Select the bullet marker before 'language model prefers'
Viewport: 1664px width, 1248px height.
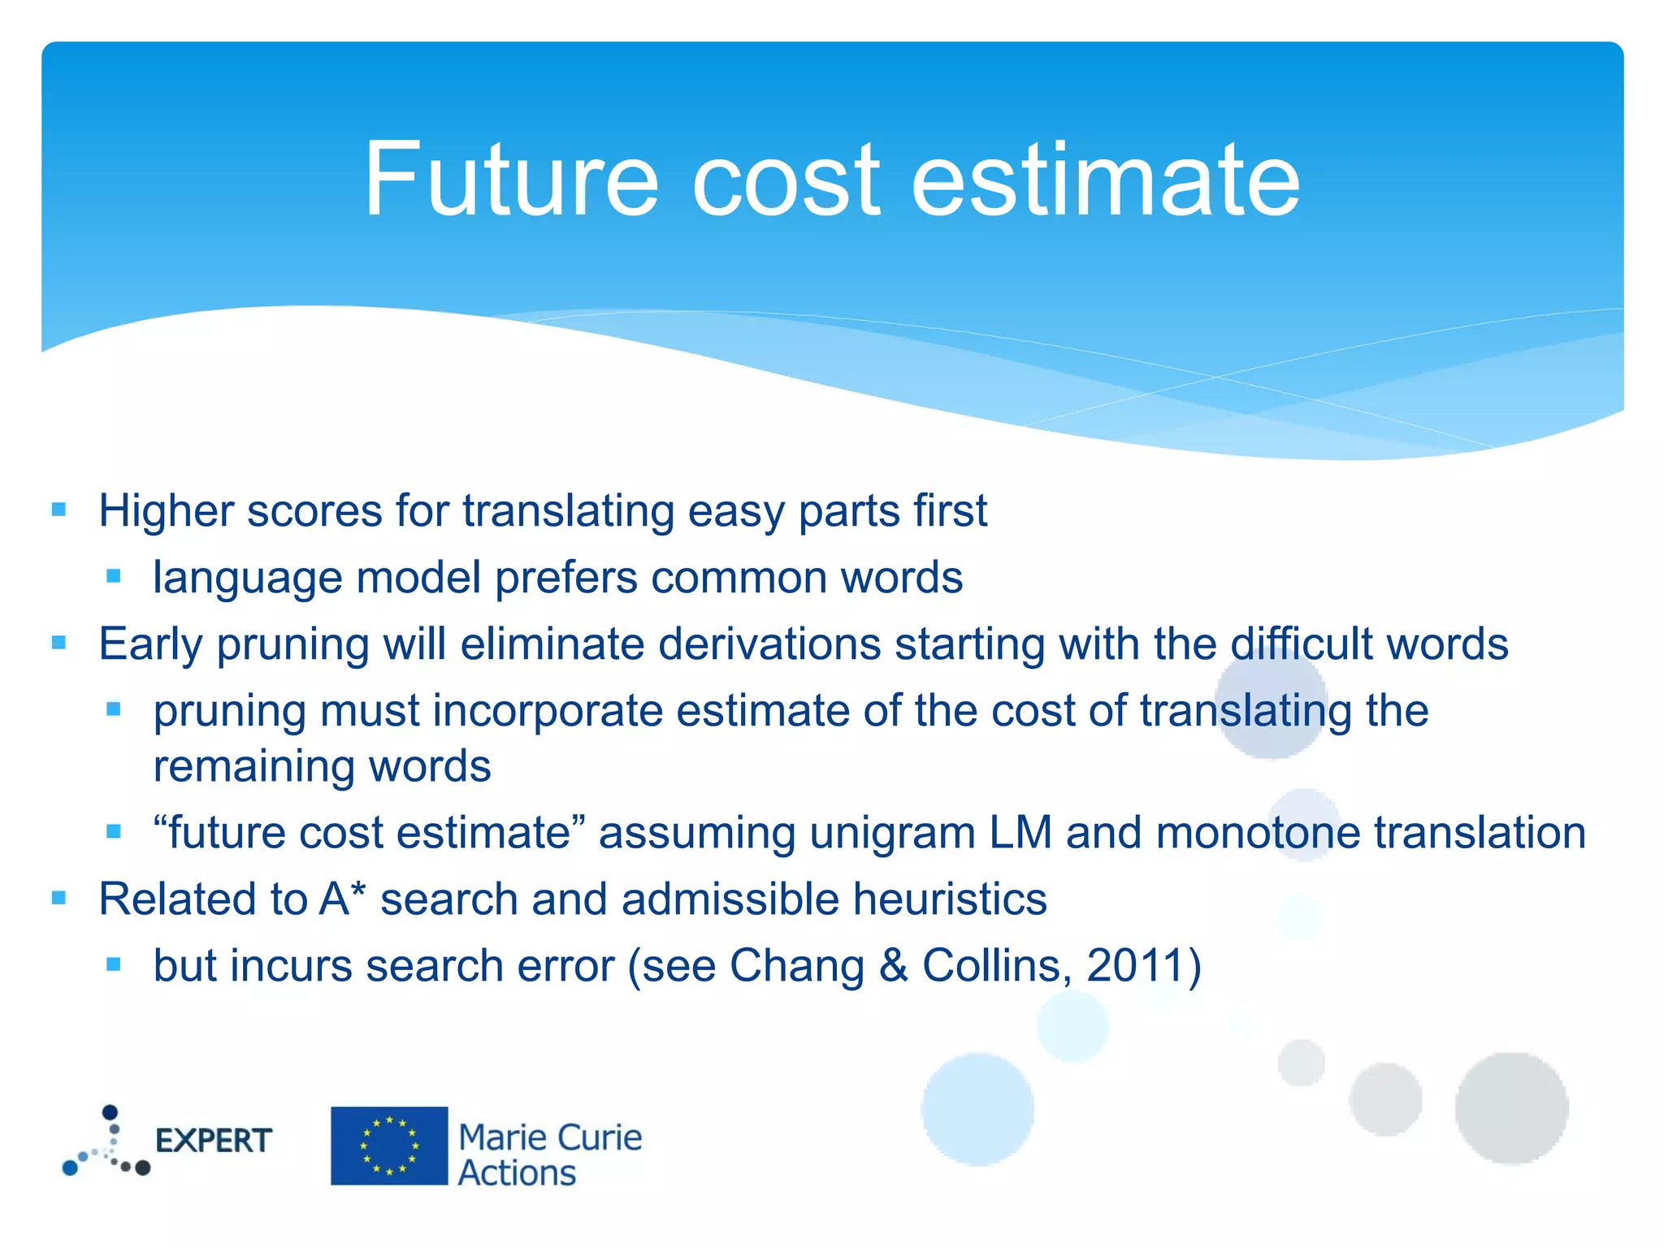(x=114, y=577)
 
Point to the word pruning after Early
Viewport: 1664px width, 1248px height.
(x=292, y=644)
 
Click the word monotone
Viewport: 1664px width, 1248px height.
(x=1258, y=833)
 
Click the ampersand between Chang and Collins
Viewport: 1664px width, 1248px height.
(x=894, y=966)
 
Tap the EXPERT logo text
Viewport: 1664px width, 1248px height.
(x=213, y=1141)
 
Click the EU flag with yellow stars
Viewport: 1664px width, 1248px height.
(x=389, y=1146)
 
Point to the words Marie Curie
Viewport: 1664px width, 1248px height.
(x=550, y=1137)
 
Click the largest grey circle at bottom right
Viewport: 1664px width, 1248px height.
(x=1511, y=1107)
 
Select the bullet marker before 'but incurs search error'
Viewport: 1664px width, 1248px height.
(x=114, y=965)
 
